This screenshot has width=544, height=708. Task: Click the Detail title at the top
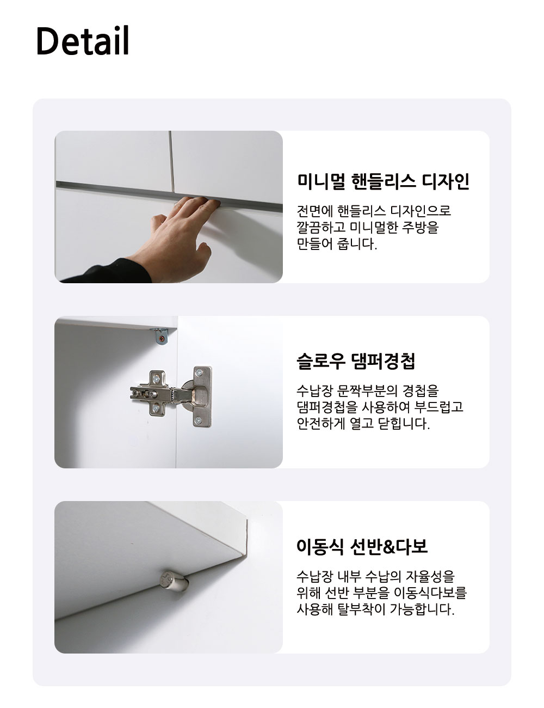click(83, 41)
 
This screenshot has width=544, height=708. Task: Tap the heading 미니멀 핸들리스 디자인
click(383, 181)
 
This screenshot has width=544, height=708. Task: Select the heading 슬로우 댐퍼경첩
click(356, 361)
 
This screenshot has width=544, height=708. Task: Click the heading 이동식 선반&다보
click(362, 546)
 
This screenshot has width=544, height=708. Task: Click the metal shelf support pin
click(174, 581)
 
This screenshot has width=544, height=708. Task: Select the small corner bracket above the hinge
click(160, 336)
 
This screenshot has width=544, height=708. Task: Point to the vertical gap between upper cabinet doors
click(171, 161)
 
